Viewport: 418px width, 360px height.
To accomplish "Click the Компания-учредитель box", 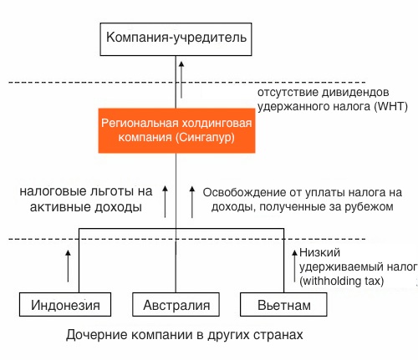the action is (x=176, y=39).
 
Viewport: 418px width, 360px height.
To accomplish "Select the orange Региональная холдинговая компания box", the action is (x=176, y=130).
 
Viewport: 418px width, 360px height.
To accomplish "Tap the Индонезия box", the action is (x=65, y=304).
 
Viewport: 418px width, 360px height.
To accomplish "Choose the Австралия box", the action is (x=176, y=304).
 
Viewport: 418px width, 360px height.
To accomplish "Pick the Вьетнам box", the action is (x=283, y=304).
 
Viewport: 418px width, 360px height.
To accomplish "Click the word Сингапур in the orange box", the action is (x=205, y=137).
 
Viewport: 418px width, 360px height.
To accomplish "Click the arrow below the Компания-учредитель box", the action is (x=181, y=80).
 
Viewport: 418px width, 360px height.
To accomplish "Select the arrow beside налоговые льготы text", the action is (x=166, y=201).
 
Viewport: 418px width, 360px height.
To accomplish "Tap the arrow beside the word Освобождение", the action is (x=192, y=201).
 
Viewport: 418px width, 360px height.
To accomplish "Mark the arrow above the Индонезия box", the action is (x=68, y=266).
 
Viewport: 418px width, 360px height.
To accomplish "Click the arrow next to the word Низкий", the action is (x=294, y=266).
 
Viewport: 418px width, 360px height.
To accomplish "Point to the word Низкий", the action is (x=319, y=252).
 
